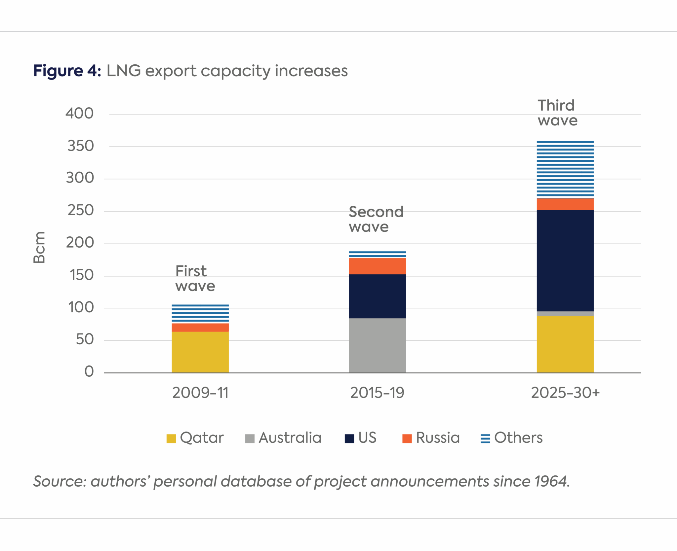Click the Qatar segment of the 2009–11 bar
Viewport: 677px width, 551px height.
[x=200, y=352]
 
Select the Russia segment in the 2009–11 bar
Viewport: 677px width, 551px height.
[x=200, y=327]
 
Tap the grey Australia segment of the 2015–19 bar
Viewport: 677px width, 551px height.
[x=377, y=345]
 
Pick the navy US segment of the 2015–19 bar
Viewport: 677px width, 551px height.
[x=377, y=296]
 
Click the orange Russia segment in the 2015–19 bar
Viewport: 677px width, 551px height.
[x=377, y=266]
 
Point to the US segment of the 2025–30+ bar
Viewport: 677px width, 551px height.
[x=565, y=260]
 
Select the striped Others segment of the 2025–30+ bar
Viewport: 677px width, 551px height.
[x=565, y=169]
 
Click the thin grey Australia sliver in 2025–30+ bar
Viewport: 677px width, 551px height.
[x=565, y=314]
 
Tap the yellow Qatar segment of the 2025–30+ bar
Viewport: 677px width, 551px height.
[x=565, y=344]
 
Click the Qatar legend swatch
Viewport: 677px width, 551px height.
[x=171, y=438]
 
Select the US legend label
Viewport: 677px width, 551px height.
[x=367, y=438]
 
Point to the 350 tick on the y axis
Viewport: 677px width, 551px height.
[x=80, y=146]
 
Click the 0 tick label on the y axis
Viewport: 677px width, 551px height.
[x=89, y=372]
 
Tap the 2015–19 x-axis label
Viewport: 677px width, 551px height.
[x=377, y=393]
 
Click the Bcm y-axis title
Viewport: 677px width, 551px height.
[x=39, y=247]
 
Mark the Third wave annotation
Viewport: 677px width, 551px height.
[x=557, y=113]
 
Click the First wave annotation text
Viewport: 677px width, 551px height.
[x=195, y=278]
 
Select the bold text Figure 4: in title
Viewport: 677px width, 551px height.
[x=67, y=71]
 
